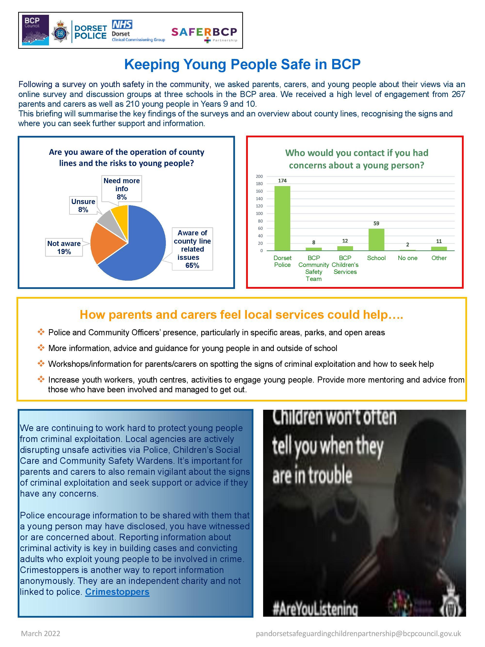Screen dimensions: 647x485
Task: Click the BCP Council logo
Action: pyautogui.click(x=36, y=30)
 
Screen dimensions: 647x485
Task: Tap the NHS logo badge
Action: pyautogui.click(x=122, y=25)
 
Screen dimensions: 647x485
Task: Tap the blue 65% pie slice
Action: pyautogui.click(x=140, y=249)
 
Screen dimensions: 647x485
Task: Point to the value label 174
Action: pyautogui.click(x=282, y=181)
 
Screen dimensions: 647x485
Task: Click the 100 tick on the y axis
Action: pyautogui.click(x=259, y=213)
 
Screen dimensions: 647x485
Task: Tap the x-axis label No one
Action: pyautogui.click(x=408, y=258)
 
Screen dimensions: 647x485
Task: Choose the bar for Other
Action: pyautogui.click(x=439, y=249)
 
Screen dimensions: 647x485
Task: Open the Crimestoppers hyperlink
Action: pyautogui.click(x=117, y=592)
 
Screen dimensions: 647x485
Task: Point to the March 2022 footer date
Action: pyautogui.click(x=41, y=634)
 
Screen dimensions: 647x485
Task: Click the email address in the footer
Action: pyautogui.click(x=358, y=634)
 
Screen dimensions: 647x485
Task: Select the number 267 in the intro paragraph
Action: pyautogui.click(x=458, y=94)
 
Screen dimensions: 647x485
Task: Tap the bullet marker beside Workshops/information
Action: pyautogui.click(x=41, y=364)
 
